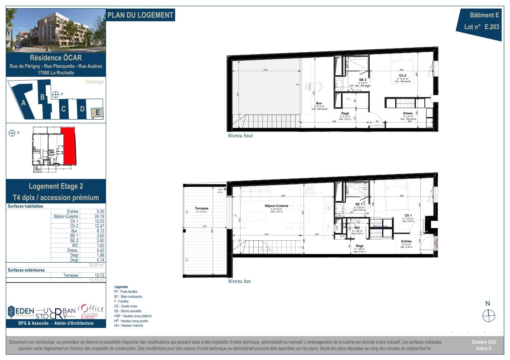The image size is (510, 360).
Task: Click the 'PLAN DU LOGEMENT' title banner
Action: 140,15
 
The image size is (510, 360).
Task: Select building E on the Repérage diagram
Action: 97,112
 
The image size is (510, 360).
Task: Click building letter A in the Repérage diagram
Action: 23,103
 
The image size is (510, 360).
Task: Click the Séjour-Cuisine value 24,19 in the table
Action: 97,216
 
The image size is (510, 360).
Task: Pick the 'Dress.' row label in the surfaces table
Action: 72,250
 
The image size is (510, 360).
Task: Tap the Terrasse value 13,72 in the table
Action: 97,275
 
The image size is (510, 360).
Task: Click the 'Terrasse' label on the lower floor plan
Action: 202,208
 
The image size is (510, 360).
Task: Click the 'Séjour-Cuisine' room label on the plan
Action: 276,205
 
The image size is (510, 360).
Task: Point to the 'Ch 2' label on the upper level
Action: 403,76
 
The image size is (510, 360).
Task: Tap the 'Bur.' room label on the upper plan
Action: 319,103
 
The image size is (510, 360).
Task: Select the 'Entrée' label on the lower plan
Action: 406,241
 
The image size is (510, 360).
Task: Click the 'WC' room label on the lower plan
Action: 357,227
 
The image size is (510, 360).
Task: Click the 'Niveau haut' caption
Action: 240,136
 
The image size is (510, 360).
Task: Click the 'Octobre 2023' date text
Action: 484,342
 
